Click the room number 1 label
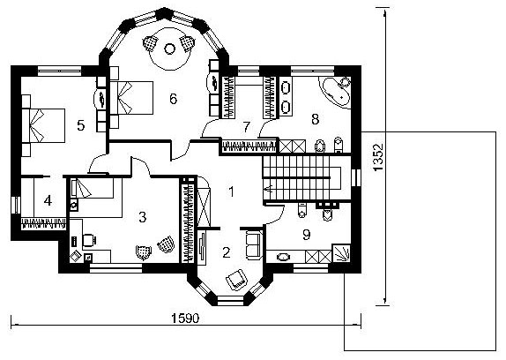[x=231, y=191]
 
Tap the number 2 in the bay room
[x=227, y=252]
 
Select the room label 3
[x=142, y=217]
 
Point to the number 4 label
[x=48, y=200]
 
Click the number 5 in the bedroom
[x=81, y=125]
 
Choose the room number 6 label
[x=174, y=99]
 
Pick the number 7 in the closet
[x=247, y=127]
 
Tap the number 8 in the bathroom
[x=316, y=119]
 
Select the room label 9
[x=307, y=235]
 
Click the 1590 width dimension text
[x=185, y=319]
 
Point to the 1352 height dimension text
[x=378, y=157]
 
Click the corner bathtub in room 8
[x=336, y=93]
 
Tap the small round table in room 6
[x=169, y=49]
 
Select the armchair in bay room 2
[x=237, y=280]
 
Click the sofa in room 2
[x=254, y=244]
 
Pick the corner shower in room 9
[x=341, y=253]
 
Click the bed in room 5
[x=43, y=125]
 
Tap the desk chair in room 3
[x=89, y=240]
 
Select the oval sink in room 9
[x=283, y=258]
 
